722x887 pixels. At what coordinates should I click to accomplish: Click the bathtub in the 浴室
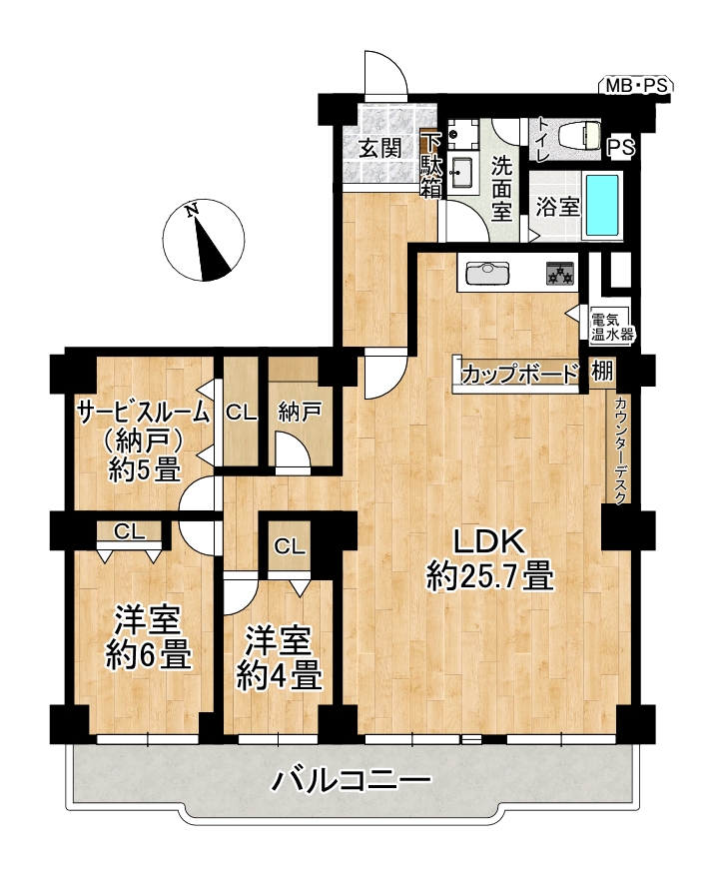602,205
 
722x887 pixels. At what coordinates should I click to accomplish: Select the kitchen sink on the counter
487,273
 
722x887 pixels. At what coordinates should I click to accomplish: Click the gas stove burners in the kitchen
560,273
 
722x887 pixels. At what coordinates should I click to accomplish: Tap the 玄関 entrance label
380,149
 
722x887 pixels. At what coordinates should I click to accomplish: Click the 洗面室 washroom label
501,189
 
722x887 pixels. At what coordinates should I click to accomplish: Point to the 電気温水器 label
611,327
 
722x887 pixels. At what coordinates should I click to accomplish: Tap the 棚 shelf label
602,372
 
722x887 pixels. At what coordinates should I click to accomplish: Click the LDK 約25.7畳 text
489,560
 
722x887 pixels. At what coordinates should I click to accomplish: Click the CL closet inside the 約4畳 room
290,546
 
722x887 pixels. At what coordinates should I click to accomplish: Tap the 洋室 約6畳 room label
148,637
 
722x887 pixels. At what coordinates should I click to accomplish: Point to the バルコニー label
352,781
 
